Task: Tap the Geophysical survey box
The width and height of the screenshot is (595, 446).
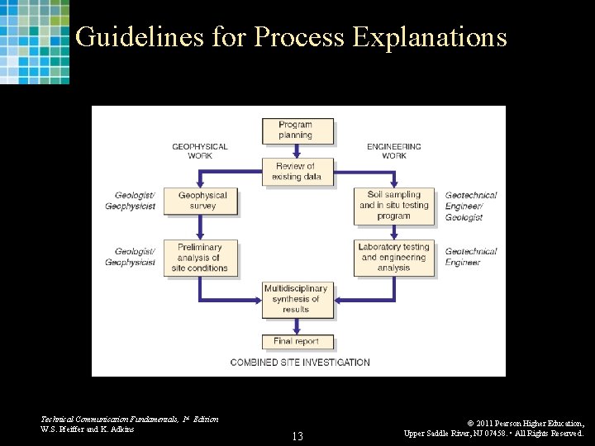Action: [202, 201]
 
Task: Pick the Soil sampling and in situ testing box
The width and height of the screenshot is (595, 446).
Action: [393, 206]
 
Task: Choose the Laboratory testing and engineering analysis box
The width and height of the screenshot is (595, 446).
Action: [393, 258]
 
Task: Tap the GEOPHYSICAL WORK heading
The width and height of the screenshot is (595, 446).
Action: [200, 151]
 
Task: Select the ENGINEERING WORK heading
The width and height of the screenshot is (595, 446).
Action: [394, 151]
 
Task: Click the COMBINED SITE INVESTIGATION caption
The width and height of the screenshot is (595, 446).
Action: [300, 362]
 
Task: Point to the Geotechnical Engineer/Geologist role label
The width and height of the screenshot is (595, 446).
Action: [471, 206]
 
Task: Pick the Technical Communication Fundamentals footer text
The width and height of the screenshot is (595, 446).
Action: [130, 420]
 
